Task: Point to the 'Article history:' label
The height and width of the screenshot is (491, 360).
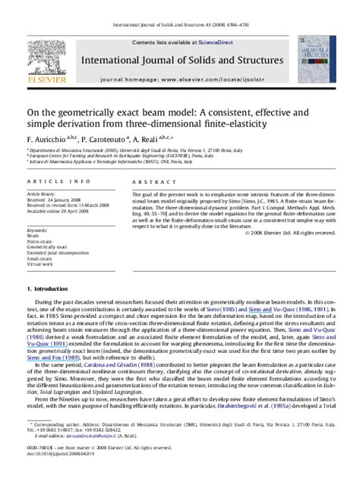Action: tap(37, 194)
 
